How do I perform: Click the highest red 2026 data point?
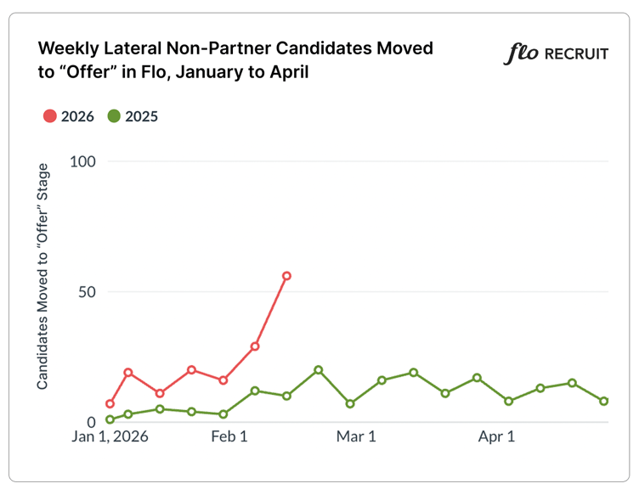pyautogui.click(x=287, y=276)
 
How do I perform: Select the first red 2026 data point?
pyautogui.click(x=110, y=403)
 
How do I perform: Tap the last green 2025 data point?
pyautogui.click(x=604, y=401)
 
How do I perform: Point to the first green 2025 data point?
pyautogui.click(x=110, y=419)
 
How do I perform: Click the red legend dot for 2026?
pyautogui.click(x=49, y=116)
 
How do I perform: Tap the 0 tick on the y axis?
pyautogui.click(x=89, y=422)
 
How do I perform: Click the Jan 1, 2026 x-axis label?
pyautogui.click(x=110, y=438)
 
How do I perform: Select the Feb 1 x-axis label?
pyautogui.click(x=229, y=438)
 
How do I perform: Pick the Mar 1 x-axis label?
pyautogui.click(x=356, y=438)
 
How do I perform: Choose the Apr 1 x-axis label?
pyautogui.click(x=497, y=438)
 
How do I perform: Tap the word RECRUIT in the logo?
pyautogui.click(x=575, y=54)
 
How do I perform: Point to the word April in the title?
pyautogui.click(x=286, y=72)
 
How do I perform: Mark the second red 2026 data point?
pyautogui.click(x=128, y=372)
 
